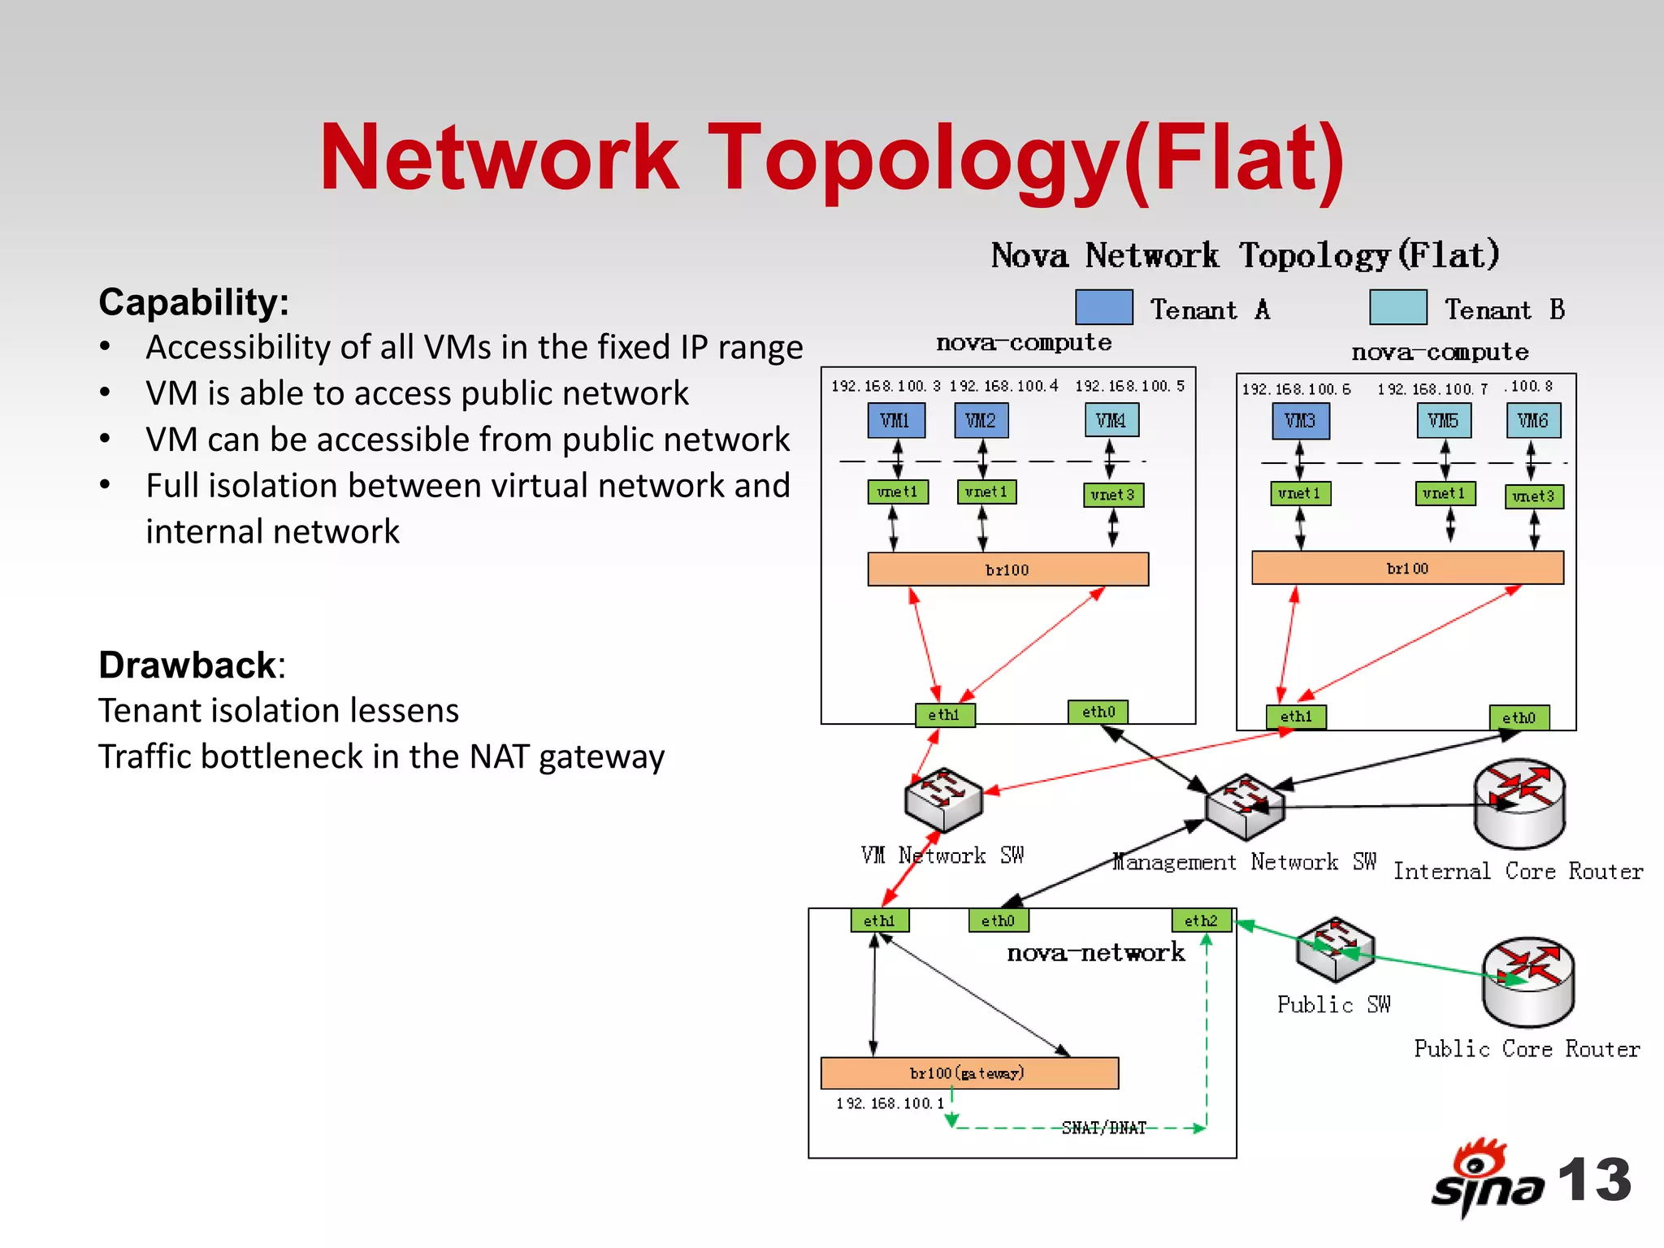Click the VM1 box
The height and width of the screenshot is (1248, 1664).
(x=895, y=421)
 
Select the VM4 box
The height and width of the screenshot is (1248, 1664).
(x=1111, y=421)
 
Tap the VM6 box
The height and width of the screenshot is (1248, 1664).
(x=1532, y=421)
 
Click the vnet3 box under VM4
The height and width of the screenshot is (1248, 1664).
(x=1113, y=495)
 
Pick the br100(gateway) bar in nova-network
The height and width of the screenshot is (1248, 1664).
(x=968, y=1073)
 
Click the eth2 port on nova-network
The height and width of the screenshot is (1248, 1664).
(x=1201, y=921)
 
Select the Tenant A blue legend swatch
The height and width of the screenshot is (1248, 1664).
(x=1103, y=307)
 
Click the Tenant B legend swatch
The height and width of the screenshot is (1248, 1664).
(x=1397, y=307)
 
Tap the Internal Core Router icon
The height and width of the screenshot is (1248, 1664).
(x=1519, y=804)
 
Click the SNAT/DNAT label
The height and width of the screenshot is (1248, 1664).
(x=1103, y=1128)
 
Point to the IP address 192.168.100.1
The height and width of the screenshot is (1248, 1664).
(x=890, y=1103)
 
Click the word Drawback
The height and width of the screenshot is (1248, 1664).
(x=188, y=665)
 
